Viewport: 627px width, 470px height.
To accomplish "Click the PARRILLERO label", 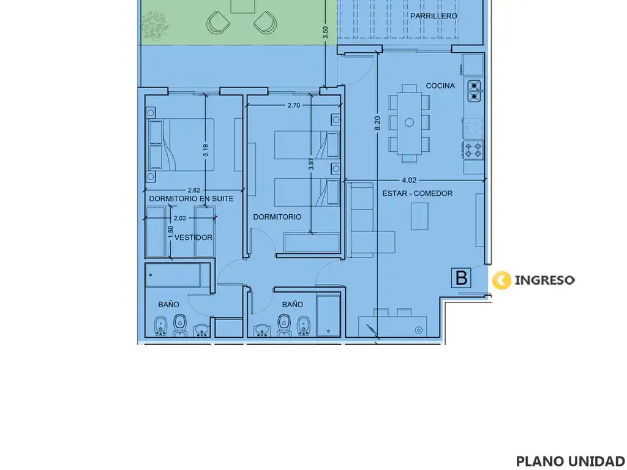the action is coord(434,16).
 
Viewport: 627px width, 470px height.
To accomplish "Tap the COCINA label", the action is coord(440,86).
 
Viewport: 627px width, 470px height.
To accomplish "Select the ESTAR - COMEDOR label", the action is coord(418,193).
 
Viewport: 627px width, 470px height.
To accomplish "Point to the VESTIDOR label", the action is coord(193,237).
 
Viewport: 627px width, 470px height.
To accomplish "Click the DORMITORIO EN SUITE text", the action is coord(191,199).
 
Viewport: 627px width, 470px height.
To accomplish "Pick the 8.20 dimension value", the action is coord(377,123).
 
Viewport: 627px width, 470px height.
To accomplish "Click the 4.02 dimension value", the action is coord(409,181).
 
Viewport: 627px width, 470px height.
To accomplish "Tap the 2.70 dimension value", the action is coord(293,105).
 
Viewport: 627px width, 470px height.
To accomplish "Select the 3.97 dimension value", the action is coord(311,164).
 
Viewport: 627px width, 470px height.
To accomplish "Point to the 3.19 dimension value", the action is coord(205,150).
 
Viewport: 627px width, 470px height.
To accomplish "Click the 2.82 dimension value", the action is coord(193,191).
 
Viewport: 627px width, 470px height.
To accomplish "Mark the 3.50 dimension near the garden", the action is coord(325,32).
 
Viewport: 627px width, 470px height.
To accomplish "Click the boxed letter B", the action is coord(461,278).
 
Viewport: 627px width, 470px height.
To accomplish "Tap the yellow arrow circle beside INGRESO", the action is coord(502,280).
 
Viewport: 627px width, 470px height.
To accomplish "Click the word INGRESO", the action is coord(544,280).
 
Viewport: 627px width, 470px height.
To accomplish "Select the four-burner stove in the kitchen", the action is coord(473,151).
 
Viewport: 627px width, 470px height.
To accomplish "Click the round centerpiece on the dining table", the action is coord(409,122).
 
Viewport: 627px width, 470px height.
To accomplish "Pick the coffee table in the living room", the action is coord(419,216).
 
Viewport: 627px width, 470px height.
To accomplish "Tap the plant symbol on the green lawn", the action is coord(155,26).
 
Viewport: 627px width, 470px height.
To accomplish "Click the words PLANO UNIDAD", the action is coord(571,461).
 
